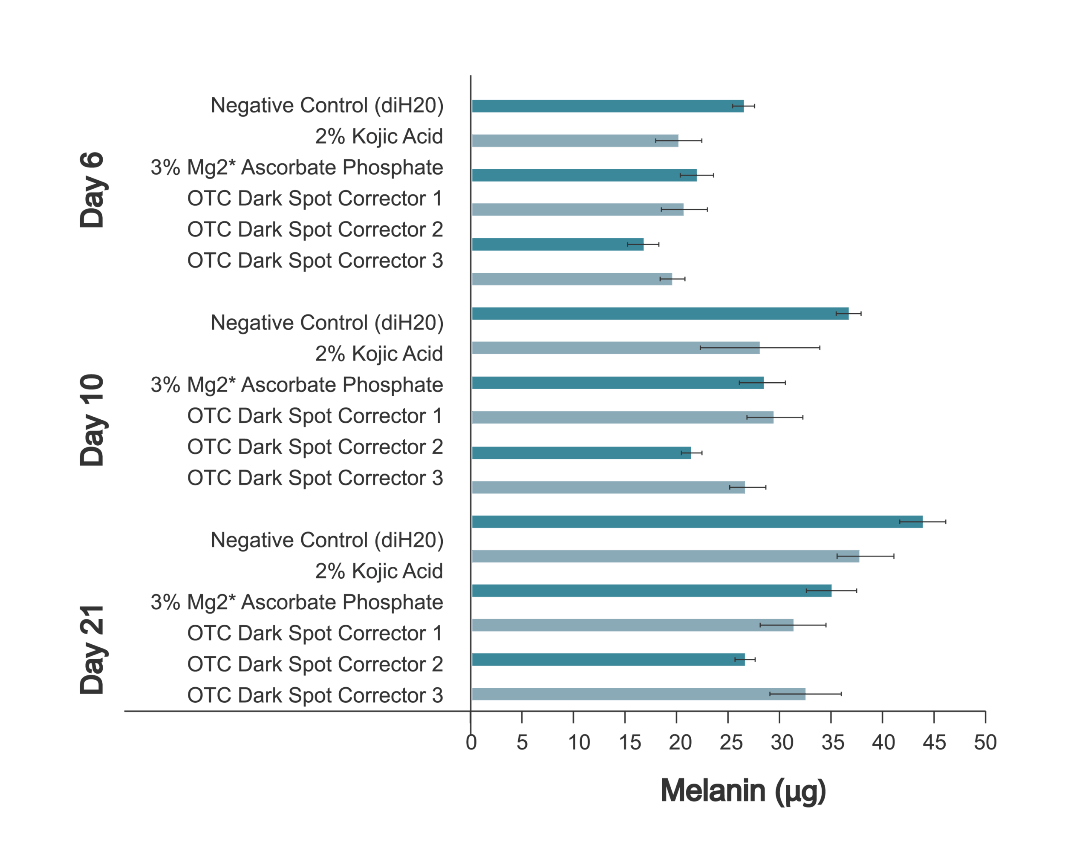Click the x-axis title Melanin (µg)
pos(743,790)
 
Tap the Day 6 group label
pos(92,190)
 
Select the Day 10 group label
pos(92,420)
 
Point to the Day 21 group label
pos(92,649)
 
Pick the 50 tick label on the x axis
pos(985,743)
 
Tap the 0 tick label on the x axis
pos(470,743)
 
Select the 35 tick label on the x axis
pos(833,743)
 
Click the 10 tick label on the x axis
pos(578,743)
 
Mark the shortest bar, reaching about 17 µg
pos(557,244)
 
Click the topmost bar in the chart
pos(607,106)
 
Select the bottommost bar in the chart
pos(638,694)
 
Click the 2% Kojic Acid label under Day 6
pos(378,137)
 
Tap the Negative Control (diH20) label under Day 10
pos(327,323)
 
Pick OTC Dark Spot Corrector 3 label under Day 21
pos(315,695)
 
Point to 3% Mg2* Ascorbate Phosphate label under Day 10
pos(297,385)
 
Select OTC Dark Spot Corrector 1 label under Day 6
pos(315,198)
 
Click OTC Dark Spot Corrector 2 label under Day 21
pos(315,664)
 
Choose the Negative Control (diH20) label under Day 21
pos(327,540)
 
